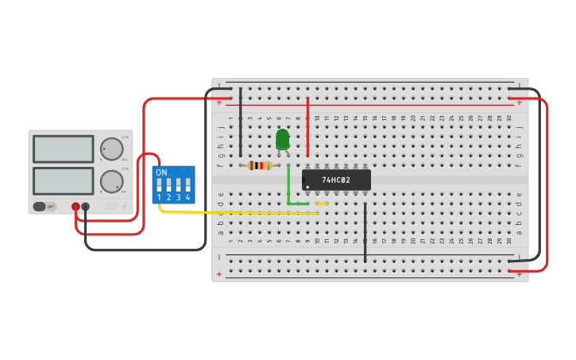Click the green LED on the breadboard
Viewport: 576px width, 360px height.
point(282,139)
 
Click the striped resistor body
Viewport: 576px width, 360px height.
point(260,165)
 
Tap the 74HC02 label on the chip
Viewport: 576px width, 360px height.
point(336,180)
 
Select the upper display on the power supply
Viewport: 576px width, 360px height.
point(63,149)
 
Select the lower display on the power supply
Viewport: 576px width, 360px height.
point(63,180)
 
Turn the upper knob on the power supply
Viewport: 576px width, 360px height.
point(112,149)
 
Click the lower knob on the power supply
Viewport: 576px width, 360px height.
point(112,181)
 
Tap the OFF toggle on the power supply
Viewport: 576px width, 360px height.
point(44,207)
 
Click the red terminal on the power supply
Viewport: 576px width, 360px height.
point(75,207)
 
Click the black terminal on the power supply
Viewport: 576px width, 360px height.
point(86,207)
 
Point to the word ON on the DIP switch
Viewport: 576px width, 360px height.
point(161,172)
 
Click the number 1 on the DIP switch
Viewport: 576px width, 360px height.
point(159,197)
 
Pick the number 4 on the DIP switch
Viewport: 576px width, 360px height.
point(187,197)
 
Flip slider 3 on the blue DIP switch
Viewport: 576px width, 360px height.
point(178,185)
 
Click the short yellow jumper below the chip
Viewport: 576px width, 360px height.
point(322,203)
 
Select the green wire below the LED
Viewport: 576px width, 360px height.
point(288,187)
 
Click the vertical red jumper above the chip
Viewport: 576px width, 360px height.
point(307,127)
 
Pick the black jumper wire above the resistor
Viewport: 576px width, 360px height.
point(240,123)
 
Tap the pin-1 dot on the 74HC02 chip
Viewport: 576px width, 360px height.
point(307,187)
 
